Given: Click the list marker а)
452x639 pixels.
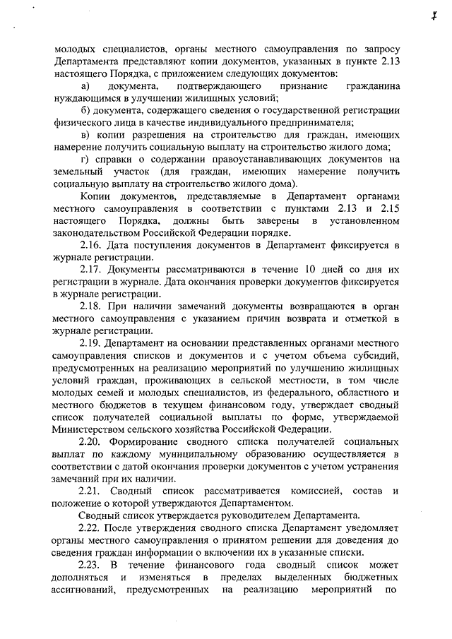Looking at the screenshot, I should (x=83, y=85).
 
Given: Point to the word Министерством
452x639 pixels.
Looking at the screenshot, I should (x=90, y=429).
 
